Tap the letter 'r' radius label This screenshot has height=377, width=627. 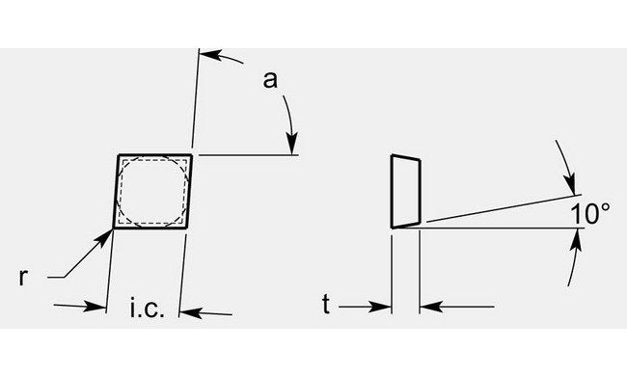pos(22,277)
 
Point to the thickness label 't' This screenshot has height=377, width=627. pos(327,308)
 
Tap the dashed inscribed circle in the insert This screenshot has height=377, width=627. pos(150,192)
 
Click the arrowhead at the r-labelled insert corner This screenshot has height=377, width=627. pos(107,233)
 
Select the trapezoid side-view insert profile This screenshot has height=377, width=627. pos(405,191)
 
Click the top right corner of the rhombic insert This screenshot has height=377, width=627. pos(192,154)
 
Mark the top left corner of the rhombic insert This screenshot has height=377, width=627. pos(119,154)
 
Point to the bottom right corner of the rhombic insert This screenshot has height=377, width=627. pos(185,228)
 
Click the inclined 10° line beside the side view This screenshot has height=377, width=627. pos(502,208)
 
